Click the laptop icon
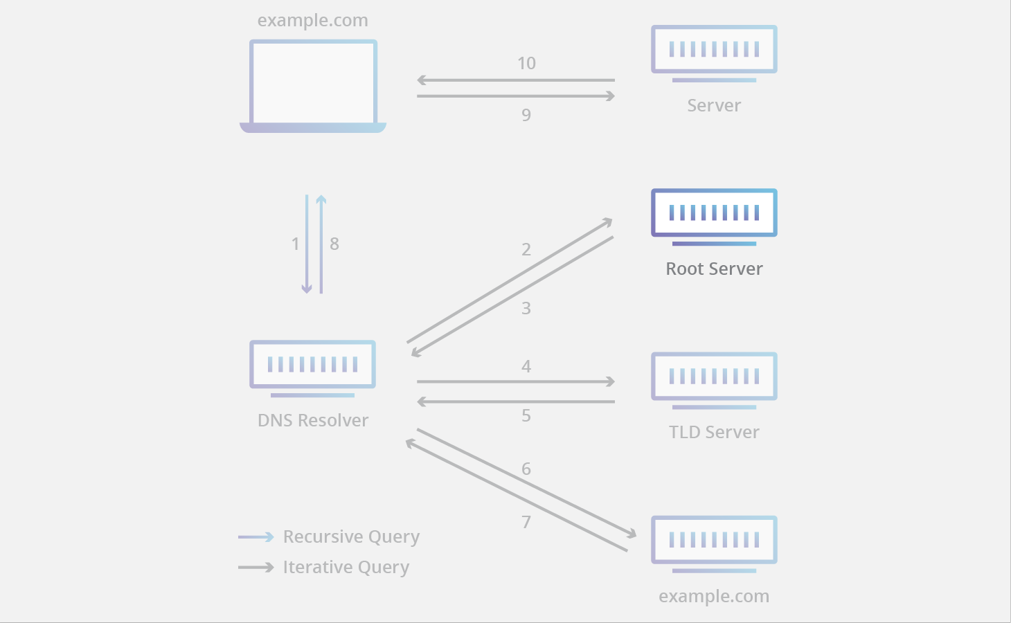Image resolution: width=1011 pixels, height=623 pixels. point(313,85)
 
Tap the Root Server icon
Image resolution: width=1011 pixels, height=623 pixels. point(714,215)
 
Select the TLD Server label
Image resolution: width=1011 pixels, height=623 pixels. point(714,432)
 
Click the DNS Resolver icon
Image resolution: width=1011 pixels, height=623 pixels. point(312,367)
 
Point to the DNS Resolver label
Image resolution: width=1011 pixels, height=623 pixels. point(313,420)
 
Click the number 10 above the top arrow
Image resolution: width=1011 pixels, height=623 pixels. point(526,64)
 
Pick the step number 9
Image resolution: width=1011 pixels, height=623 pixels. point(526,115)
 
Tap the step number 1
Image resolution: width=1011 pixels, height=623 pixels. point(295,244)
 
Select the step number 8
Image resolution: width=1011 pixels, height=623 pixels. point(334,244)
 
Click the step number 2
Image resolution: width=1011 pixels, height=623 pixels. point(526,249)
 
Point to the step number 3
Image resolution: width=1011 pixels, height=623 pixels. point(526,308)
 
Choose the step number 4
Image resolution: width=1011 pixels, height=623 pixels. point(526,366)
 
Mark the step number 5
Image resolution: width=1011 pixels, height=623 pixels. point(526,415)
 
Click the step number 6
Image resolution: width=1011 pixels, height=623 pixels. point(526,469)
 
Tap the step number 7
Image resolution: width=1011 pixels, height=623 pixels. point(526,522)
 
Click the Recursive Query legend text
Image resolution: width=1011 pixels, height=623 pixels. point(351,537)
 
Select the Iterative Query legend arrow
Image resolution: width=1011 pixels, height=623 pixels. point(256,568)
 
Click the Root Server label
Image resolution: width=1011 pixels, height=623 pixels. point(714,269)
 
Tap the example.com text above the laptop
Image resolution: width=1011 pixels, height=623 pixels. point(313,21)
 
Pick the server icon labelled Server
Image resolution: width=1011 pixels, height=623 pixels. point(714,53)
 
